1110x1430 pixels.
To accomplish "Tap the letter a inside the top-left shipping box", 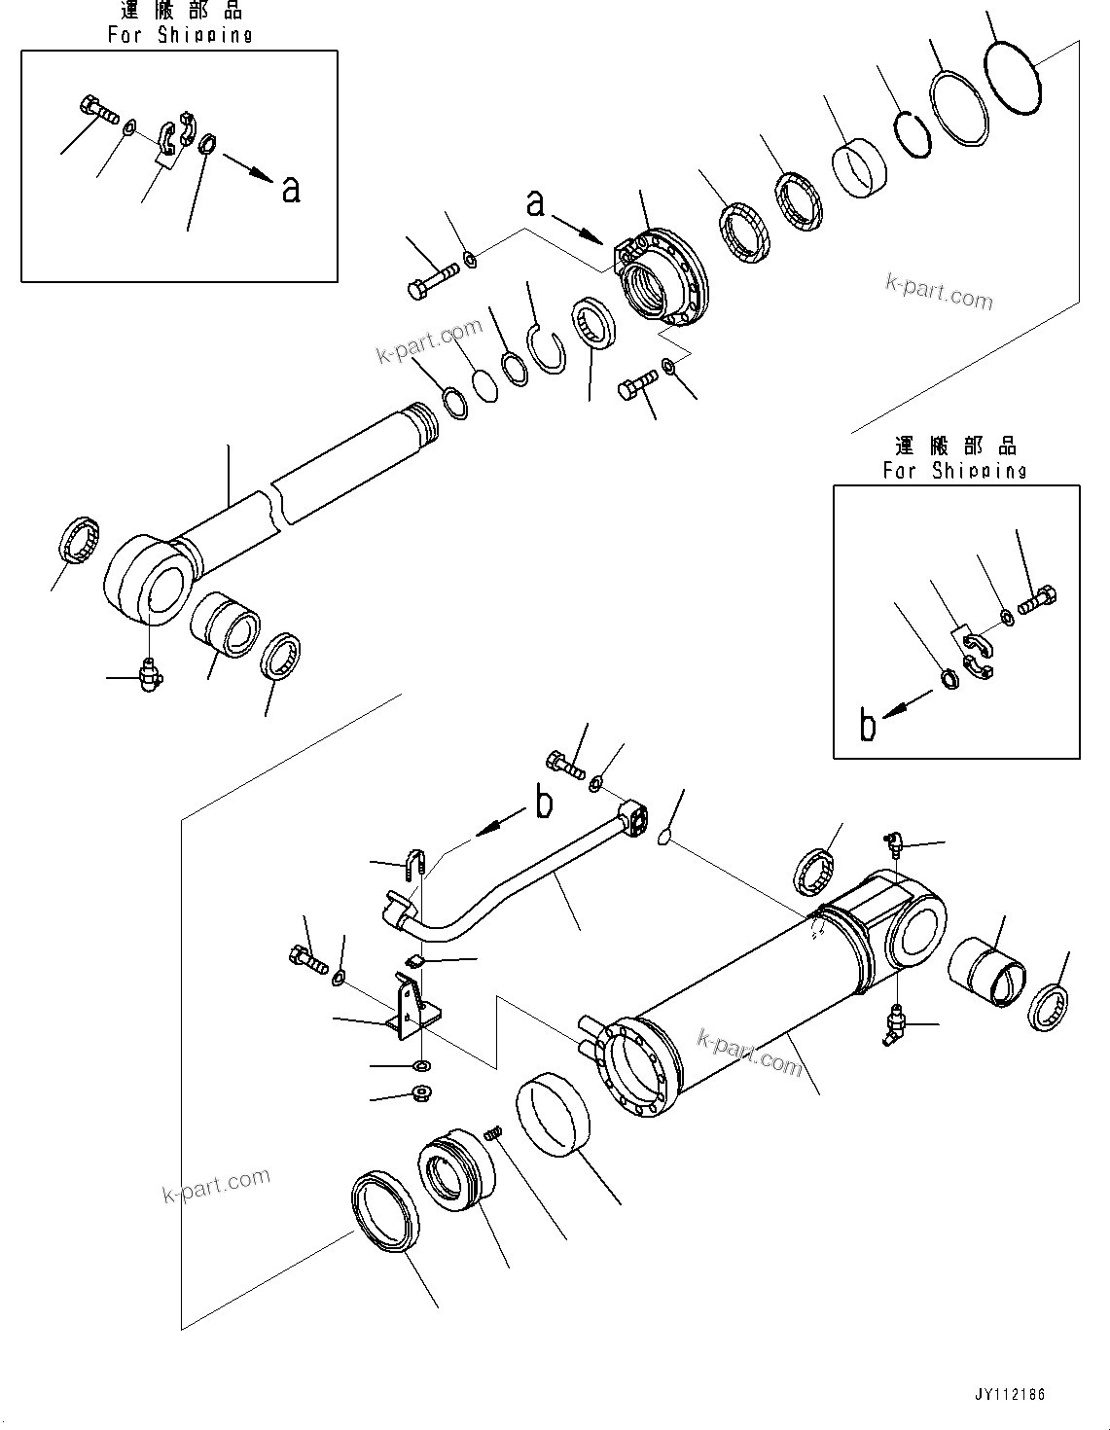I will pyautogui.click(x=290, y=189).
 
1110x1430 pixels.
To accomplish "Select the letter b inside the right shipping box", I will pyautogui.click(x=868, y=725).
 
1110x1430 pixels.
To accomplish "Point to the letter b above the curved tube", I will pyautogui.click(x=544, y=803).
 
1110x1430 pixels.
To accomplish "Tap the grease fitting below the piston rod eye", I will pyautogui.click(x=149, y=674).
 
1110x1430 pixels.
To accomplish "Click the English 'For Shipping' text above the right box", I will pyautogui.click(x=954, y=470).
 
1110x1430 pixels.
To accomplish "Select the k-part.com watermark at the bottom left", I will pyautogui.click(x=216, y=1185).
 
